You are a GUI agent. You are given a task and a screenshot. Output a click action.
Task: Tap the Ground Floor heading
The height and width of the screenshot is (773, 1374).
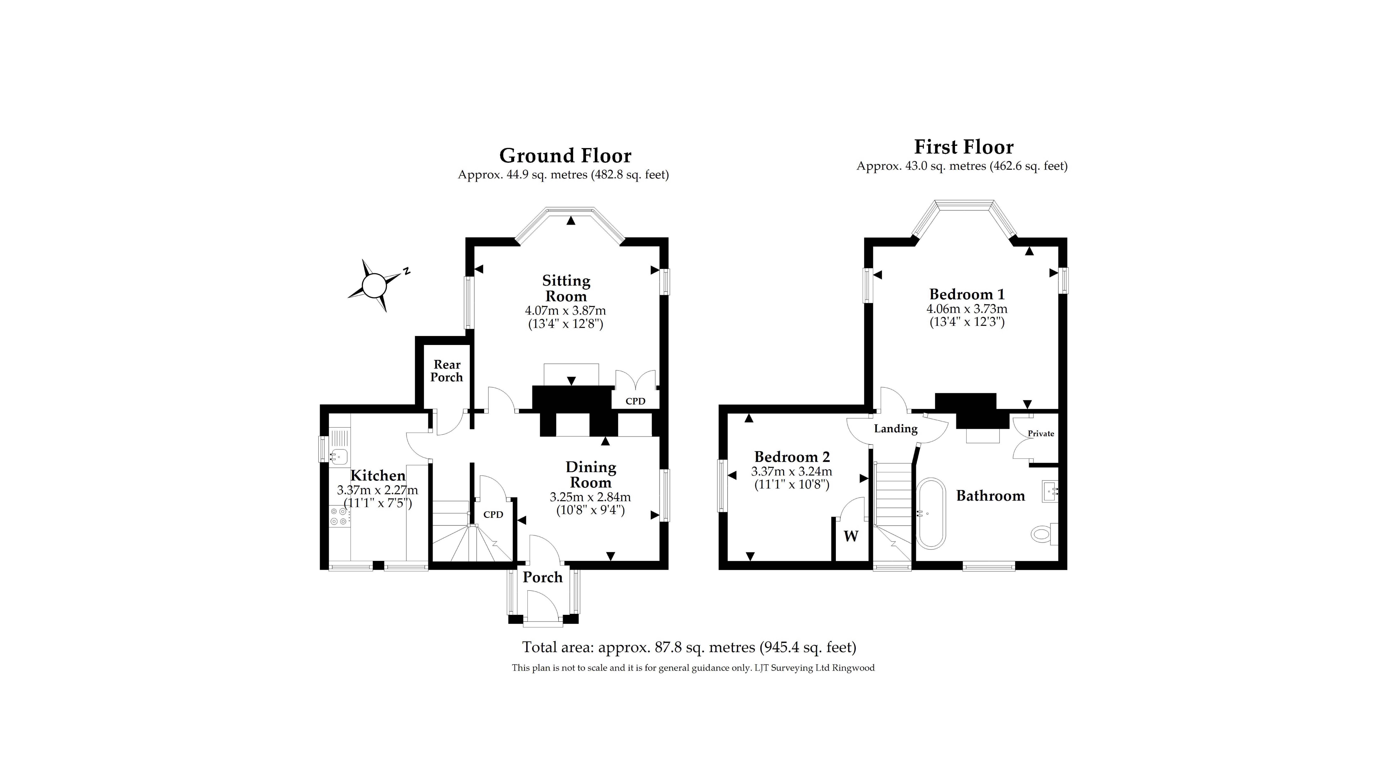pyautogui.click(x=565, y=156)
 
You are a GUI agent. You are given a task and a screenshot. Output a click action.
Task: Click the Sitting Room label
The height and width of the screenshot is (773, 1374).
pyautogui.click(x=566, y=288)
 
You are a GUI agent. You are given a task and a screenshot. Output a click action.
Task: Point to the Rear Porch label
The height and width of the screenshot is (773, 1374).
pyautogui.click(x=446, y=371)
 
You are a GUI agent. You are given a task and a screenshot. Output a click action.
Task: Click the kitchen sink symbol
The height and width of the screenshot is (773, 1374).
pyautogui.click(x=338, y=456)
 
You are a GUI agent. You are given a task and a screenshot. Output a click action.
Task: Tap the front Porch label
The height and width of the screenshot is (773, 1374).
pyautogui.click(x=542, y=577)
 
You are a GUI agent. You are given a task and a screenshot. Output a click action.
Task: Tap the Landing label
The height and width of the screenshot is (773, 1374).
pyautogui.click(x=896, y=429)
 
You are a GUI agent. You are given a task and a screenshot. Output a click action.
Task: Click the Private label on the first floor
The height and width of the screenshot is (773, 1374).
pyautogui.click(x=1041, y=434)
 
